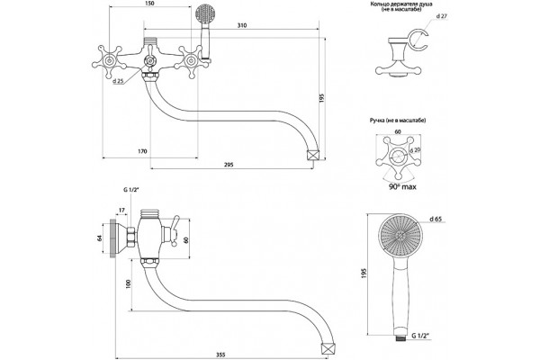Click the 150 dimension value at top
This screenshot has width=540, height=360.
[x=149, y=4]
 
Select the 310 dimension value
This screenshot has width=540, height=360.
[x=242, y=25]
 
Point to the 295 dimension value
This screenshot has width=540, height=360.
[x=229, y=165]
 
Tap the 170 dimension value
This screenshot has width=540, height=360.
[x=142, y=151]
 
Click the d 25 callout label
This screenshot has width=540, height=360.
[x=118, y=81]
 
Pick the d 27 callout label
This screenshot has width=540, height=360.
[x=442, y=16]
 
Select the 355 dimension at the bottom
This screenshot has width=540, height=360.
[x=220, y=355]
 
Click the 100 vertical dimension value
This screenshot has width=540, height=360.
[x=129, y=283]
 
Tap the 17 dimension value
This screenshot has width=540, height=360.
[x=121, y=210]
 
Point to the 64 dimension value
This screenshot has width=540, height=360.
[x=99, y=238]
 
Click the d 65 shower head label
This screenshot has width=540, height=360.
[x=436, y=219]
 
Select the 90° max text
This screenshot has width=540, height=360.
[x=402, y=186]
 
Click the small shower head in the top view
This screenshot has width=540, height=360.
[x=205, y=13]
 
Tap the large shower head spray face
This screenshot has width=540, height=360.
[x=400, y=235]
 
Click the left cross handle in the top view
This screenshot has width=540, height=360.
[x=110, y=62]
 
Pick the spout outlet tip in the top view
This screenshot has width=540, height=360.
[x=312, y=154]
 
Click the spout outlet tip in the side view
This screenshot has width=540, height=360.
[x=328, y=348]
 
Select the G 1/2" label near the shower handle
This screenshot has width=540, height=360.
[x=421, y=335]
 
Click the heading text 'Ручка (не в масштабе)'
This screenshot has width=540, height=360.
[x=398, y=121]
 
